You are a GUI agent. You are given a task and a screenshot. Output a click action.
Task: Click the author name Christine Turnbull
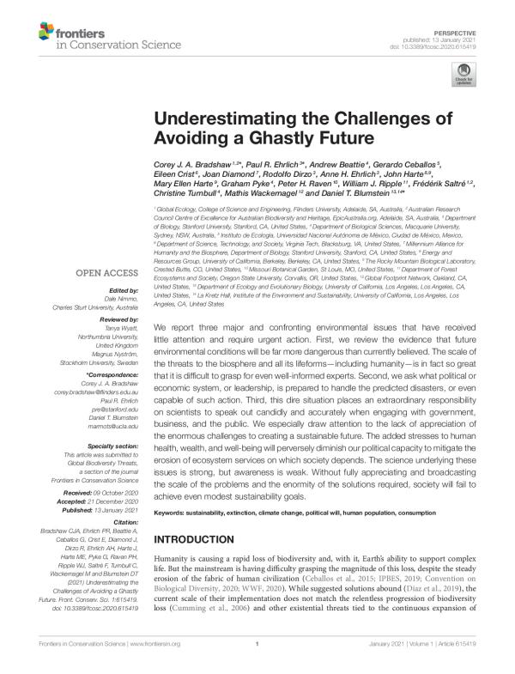(180, 193)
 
